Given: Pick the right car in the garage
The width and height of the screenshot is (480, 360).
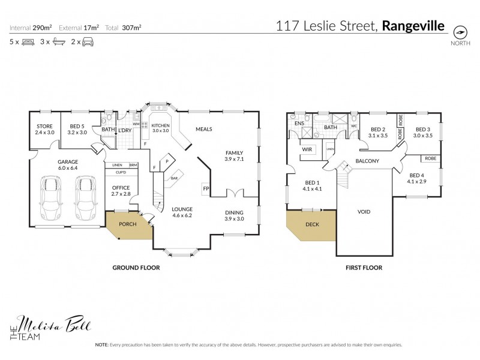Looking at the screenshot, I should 86,199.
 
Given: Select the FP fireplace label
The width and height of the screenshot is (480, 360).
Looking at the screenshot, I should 206,189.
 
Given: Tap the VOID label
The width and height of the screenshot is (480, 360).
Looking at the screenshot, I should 364,212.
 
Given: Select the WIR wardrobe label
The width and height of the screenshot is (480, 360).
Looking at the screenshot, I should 306,149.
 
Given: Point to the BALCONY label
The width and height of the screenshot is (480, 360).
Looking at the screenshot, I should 367,161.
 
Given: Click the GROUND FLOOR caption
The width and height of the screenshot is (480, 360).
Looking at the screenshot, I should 136,268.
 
